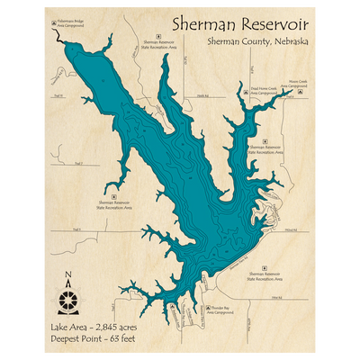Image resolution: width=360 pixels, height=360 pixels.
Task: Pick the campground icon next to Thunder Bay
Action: pyautogui.click(x=209, y=308)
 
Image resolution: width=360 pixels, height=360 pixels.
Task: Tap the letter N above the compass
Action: pyautogui.click(x=67, y=276)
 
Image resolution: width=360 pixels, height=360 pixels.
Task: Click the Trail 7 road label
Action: pyautogui.click(x=78, y=163)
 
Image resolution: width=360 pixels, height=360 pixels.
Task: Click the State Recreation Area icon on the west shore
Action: pyautogui.click(x=113, y=193)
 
